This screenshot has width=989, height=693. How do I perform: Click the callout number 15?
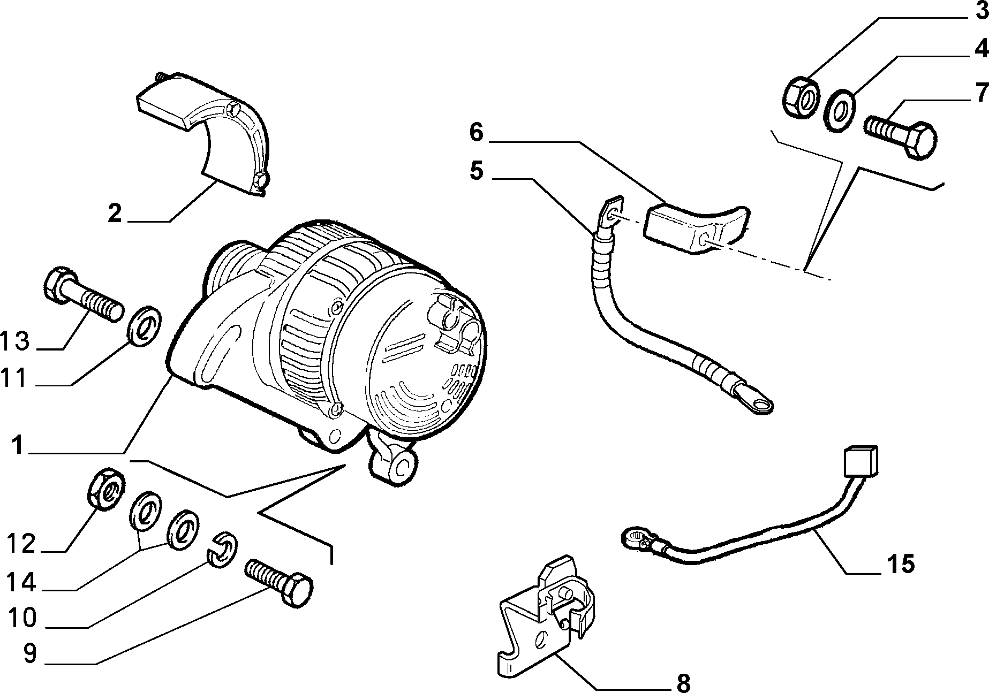tap(901, 563)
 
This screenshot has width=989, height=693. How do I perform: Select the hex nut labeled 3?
tap(801, 97)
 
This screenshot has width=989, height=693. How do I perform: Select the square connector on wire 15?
tap(860, 461)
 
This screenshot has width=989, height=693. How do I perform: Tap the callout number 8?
tap(683, 682)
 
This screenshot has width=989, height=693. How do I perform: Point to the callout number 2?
tap(115, 213)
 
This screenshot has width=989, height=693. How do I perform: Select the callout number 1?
tap(18, 445)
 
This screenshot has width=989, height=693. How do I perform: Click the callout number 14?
tap(21, 582)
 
